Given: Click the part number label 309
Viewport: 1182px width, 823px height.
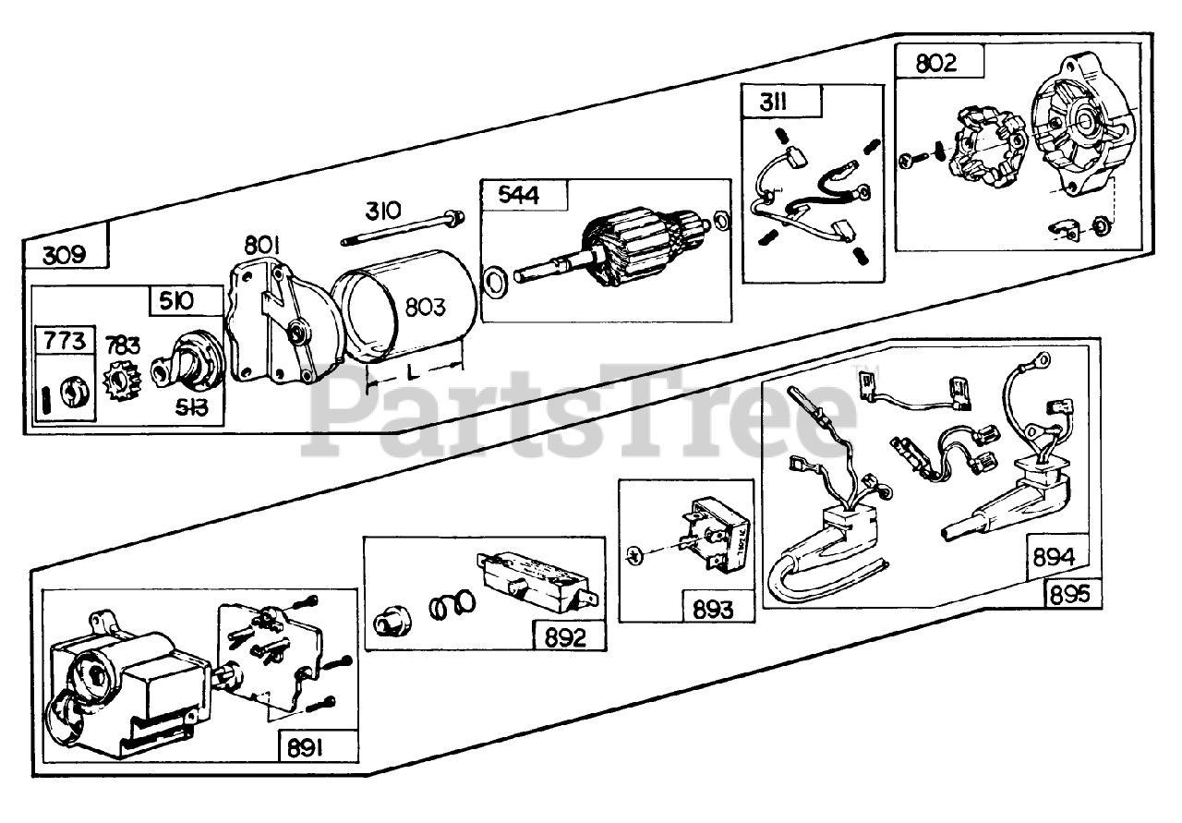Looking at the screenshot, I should [x=65, y=254].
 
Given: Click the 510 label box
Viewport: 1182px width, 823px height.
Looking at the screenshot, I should [x=175, y=300].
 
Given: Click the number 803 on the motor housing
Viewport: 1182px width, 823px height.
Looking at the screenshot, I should [x=426, y=309].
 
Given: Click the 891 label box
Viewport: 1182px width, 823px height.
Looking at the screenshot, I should [x=305, y=747].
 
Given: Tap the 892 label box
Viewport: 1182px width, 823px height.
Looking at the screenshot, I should [x=565, y=636].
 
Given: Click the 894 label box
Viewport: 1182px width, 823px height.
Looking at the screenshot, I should [x=1055, y=558].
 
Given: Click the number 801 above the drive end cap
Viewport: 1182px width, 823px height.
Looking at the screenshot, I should [x=262, y=246].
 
